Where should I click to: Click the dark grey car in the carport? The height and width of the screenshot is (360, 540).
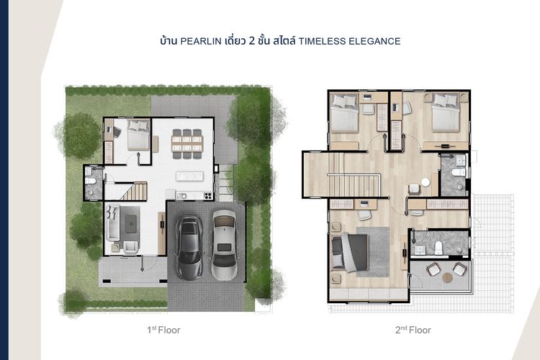point(189,247)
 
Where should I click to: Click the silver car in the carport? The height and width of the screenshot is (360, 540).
point(224,245)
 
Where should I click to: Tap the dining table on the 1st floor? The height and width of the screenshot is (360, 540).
point(187,144)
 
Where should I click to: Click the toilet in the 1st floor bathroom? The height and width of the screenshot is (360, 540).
point(91,181)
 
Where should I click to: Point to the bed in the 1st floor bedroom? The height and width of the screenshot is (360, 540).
point(138,135)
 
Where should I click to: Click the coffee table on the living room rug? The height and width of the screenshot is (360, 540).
point(130,224)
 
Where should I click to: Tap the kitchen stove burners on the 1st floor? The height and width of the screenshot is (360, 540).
point(207,196)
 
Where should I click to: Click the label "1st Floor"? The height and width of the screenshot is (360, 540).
point(163,330)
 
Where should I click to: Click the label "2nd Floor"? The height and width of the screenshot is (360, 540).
point(413,330)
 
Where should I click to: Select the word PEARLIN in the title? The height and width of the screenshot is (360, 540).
point(201,41)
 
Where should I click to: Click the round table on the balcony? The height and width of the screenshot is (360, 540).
point(447,277)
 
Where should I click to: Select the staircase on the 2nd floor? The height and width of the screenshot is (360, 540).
point(354,175)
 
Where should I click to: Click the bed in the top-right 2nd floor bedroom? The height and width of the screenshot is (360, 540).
point(446,112)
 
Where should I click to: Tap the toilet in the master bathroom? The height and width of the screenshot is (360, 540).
point(438,248)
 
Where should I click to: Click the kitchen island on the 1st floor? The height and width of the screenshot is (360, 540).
point(189,176)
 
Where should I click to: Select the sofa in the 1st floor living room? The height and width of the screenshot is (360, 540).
point(113,222)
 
